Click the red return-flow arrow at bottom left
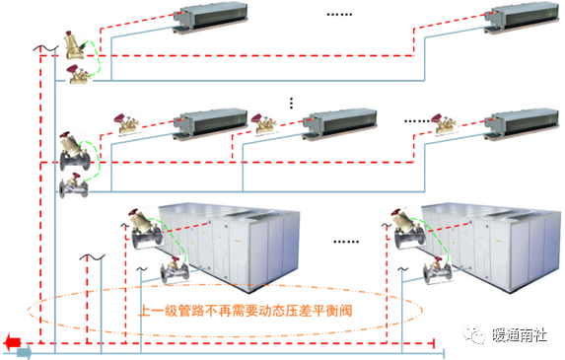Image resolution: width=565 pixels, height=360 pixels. pos(13,341)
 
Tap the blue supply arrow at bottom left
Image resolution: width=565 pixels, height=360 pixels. pos(25,352)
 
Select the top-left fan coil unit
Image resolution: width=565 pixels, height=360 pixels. pos(210,18)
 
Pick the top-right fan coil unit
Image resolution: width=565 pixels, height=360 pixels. pos(522,18)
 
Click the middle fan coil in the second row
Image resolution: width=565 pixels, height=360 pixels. pos(339,124)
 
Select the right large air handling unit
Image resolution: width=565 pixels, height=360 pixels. pos(491,247)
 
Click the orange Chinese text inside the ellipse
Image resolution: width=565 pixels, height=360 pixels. pos(246,311)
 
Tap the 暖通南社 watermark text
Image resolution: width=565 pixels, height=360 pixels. pos(520,334)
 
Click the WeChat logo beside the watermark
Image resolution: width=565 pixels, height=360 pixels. pos(474,334)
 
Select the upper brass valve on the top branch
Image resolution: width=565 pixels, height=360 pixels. pos(75,45)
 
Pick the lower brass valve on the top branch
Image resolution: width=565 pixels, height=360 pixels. pos(79,75)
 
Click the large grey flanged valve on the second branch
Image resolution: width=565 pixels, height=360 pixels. pos(75,151)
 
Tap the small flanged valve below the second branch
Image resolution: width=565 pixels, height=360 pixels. pos(74,185)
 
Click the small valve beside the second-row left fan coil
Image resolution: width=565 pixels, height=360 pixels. pos(126,123)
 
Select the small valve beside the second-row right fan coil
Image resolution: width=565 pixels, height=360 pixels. pos(444,123)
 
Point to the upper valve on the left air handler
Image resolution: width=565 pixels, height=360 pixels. pos(146,229)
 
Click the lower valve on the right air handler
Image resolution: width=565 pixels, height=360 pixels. pos(438,270)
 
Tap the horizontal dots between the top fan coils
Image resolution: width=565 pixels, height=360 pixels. pos(339,15)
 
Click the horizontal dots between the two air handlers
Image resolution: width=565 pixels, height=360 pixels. pos(346,242)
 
